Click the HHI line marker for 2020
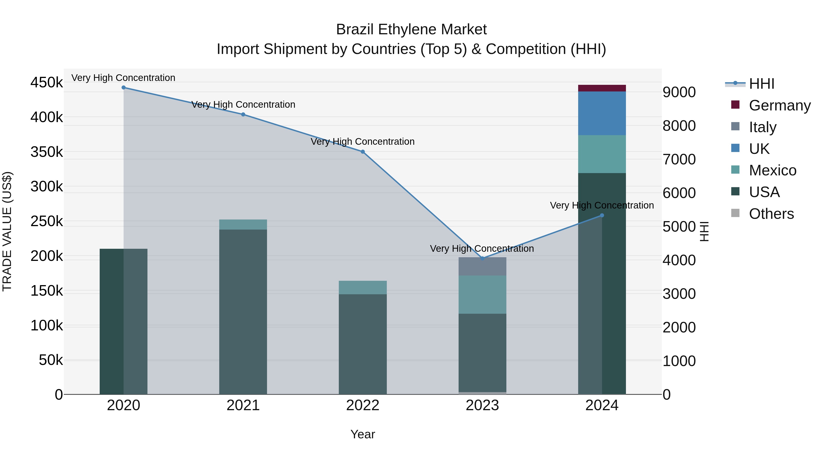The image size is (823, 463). point(124,87)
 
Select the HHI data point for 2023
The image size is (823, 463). point(482,258)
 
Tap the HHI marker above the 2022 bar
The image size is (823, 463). point(363,152)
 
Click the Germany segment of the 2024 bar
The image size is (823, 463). point(602,88)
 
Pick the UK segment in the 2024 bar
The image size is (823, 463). point(602,113)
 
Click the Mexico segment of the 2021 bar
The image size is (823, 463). point(243,224)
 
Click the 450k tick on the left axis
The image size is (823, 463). point(47,83)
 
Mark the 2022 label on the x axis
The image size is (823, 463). point(363,405)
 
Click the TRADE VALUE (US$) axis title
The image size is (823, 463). point(7,231)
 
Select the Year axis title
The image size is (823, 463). point(363,434)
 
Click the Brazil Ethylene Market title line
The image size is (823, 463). point(411,29)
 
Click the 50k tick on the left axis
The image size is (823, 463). point(51,360)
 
